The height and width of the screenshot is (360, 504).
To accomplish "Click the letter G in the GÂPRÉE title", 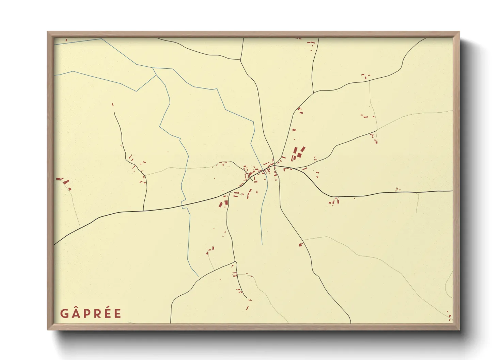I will click(64, 313).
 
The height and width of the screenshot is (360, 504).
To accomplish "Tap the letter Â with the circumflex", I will click(76, 313).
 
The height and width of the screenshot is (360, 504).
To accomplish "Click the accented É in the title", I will click(107, 313).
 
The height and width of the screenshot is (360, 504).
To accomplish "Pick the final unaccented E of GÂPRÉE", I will click(117, 313).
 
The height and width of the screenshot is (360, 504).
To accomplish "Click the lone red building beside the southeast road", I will click(300, 244).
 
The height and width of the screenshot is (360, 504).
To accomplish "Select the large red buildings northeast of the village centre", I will click(298, 153).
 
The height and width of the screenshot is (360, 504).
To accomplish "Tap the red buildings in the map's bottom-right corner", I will click(450, 316).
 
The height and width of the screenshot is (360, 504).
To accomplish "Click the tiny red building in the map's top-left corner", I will click(66, 40).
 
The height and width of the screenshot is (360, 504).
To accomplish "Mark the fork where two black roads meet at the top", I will click(240, 60).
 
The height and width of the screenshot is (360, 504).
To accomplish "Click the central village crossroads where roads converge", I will click(274, 166).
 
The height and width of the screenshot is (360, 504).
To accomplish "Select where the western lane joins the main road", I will click(144, 211).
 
